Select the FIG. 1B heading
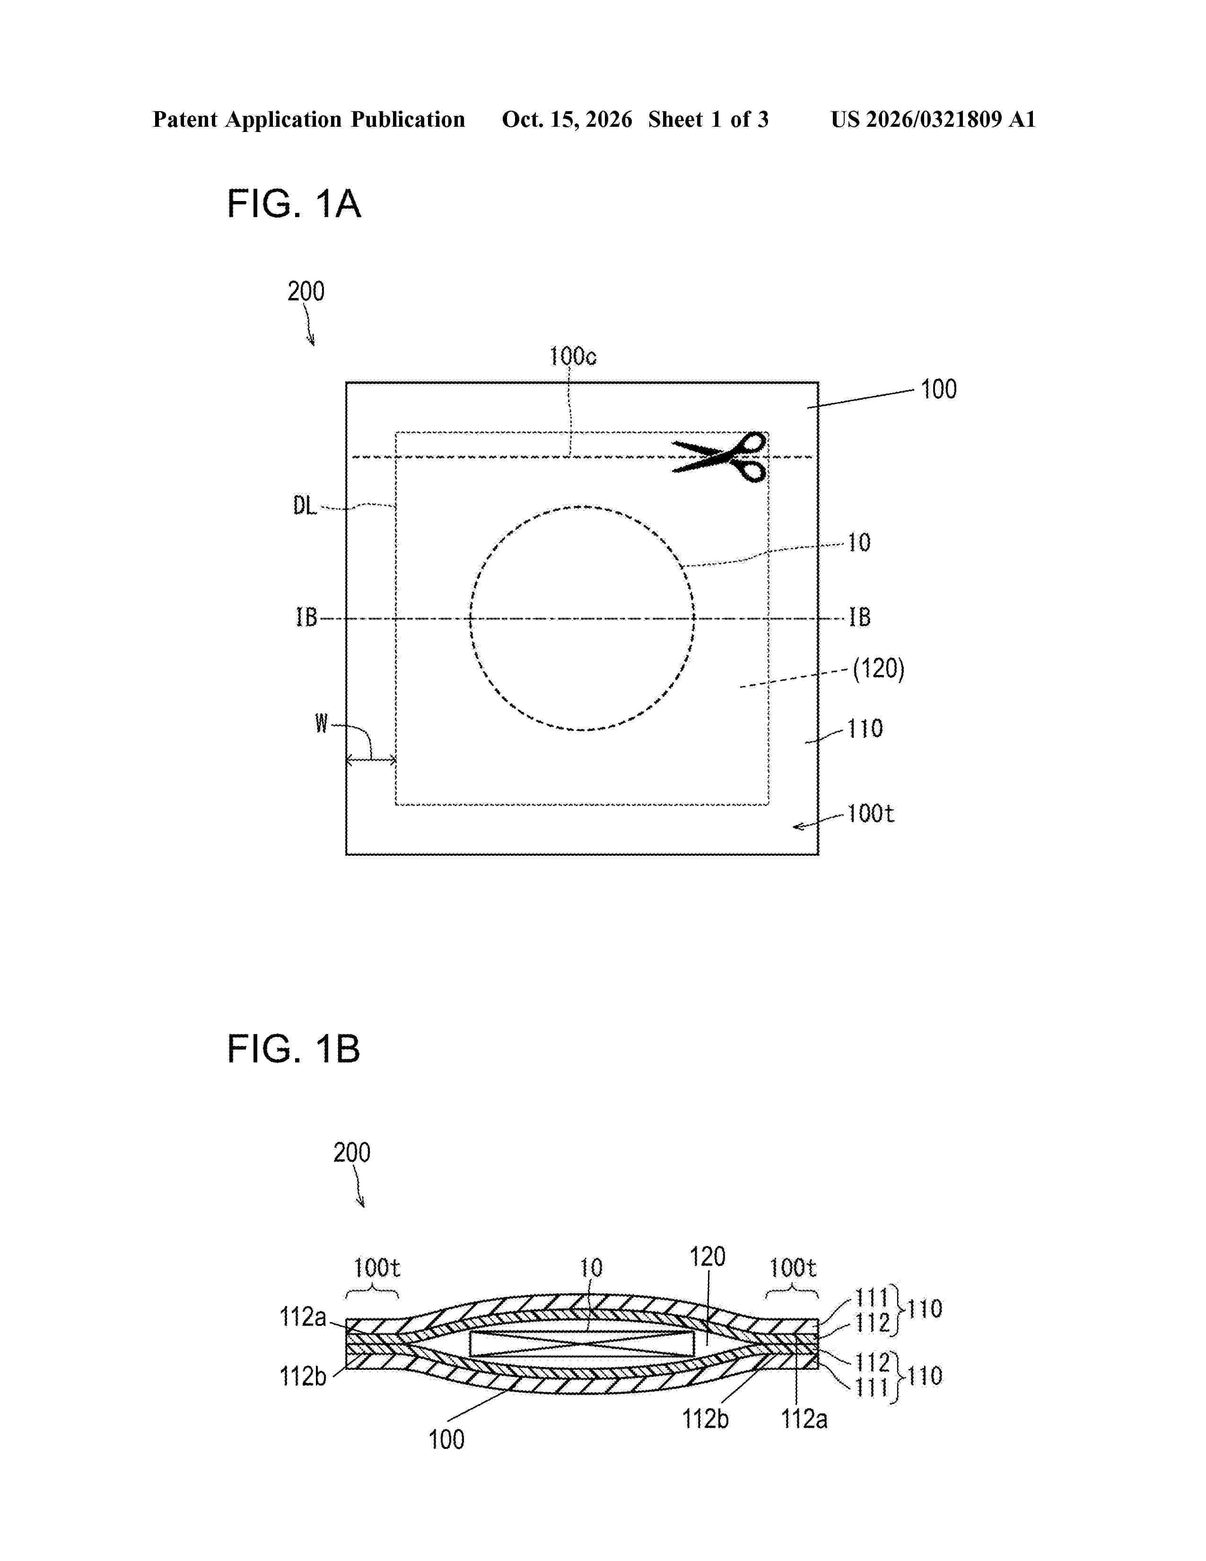tap(294, 1049)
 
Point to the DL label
tap(305, 506)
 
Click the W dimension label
tap(322, 724)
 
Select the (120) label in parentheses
tap(879, 669)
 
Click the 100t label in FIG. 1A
tap(871, 814)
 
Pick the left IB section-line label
tap(306, 617)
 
